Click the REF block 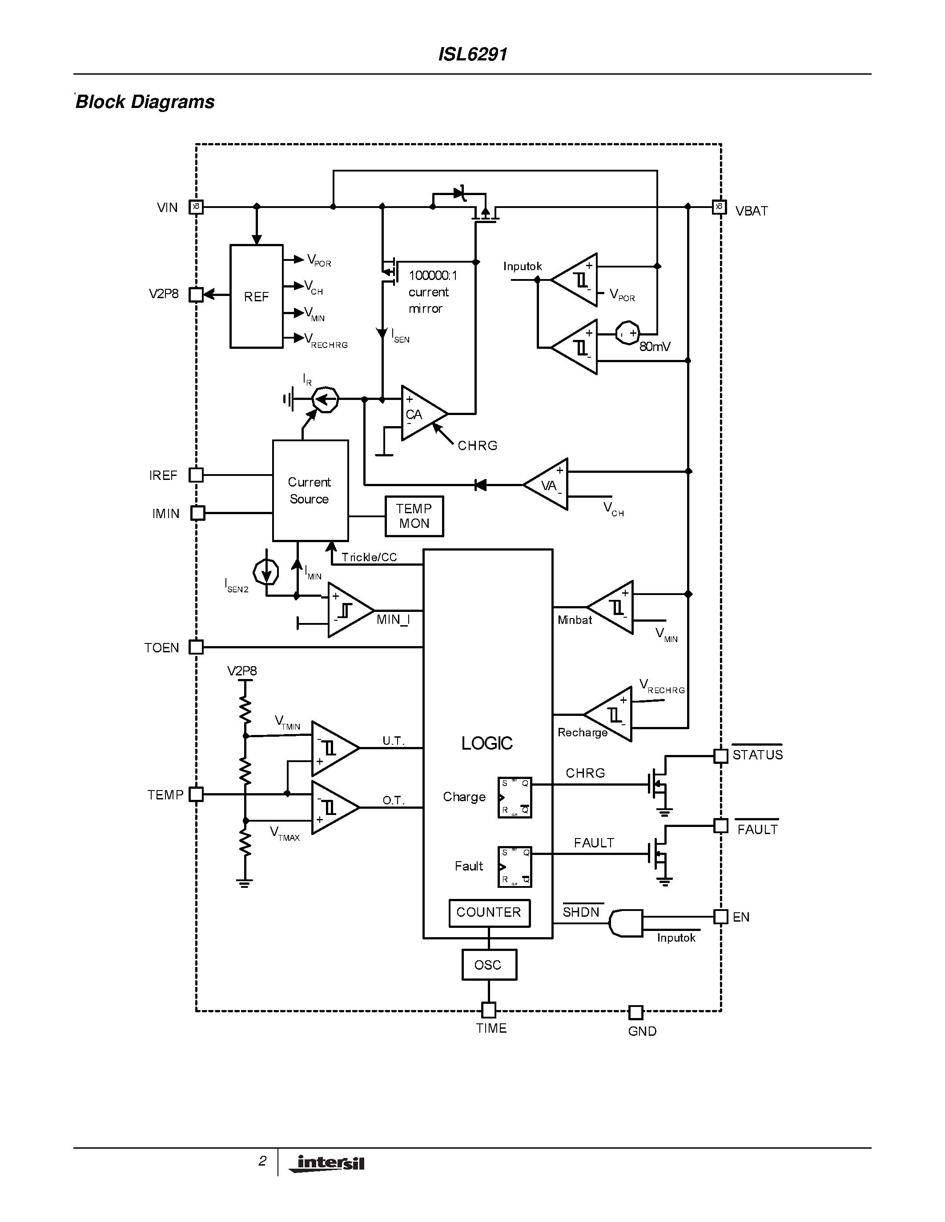click(257, 296)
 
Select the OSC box click(489, 965)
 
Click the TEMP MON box click(414, 516)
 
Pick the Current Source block click(310, 491)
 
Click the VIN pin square click(196, 207)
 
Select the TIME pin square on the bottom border click(489, 1010)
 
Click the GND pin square click(635, 1012)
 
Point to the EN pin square click(720, 916)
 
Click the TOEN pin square click(196, 647)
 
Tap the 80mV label click(655, 347)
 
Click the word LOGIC click(487, 743)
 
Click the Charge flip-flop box click(515, 797)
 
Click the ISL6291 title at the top click(472, 54)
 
